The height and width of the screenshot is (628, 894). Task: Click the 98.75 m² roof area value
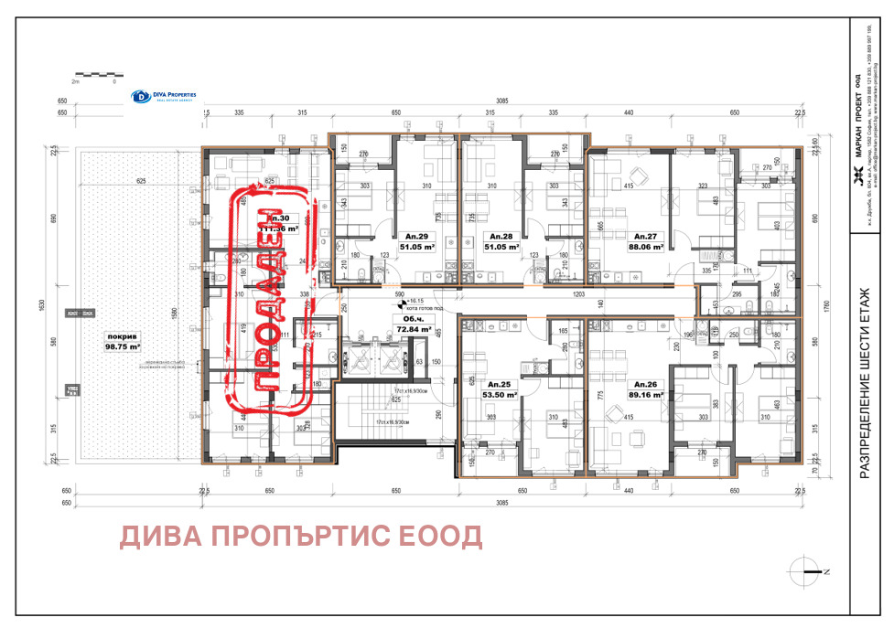click(122, 347)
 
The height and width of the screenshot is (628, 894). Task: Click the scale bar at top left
click(95, 75)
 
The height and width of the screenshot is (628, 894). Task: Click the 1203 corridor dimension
click(578, 295)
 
